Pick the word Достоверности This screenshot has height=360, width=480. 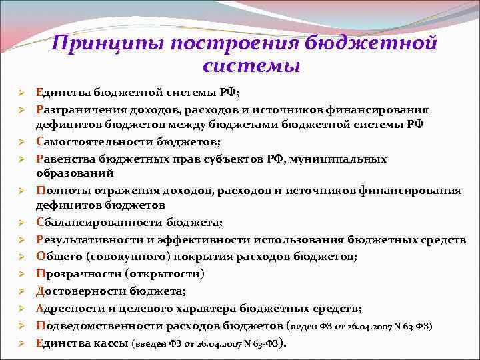pyautogui.click(x=79, y=291)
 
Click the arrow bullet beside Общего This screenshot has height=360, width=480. pyautogui.click(x=21, y=256)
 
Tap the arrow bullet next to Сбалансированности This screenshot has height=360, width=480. pyautogui.click(x=21, y=222)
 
